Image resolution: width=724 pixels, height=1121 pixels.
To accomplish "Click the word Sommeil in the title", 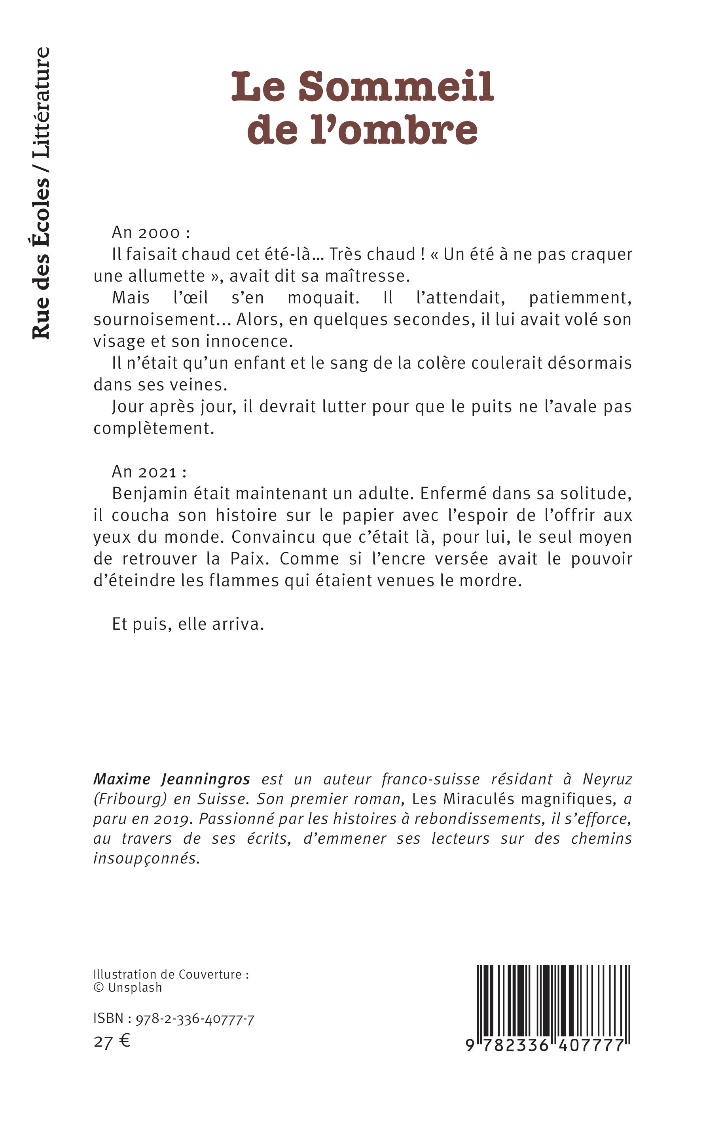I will [x=396, y=87].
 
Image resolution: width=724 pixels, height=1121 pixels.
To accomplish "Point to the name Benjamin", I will [x=152, y=494].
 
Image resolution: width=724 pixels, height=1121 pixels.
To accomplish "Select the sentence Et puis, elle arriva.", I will [x=188, y=624].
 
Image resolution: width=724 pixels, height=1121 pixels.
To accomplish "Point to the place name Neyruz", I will [x=607, y=779].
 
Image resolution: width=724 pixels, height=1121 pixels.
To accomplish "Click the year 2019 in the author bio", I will [x=172, y=819].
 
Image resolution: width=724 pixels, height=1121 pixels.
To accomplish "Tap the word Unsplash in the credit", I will [x=135, y=988].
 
